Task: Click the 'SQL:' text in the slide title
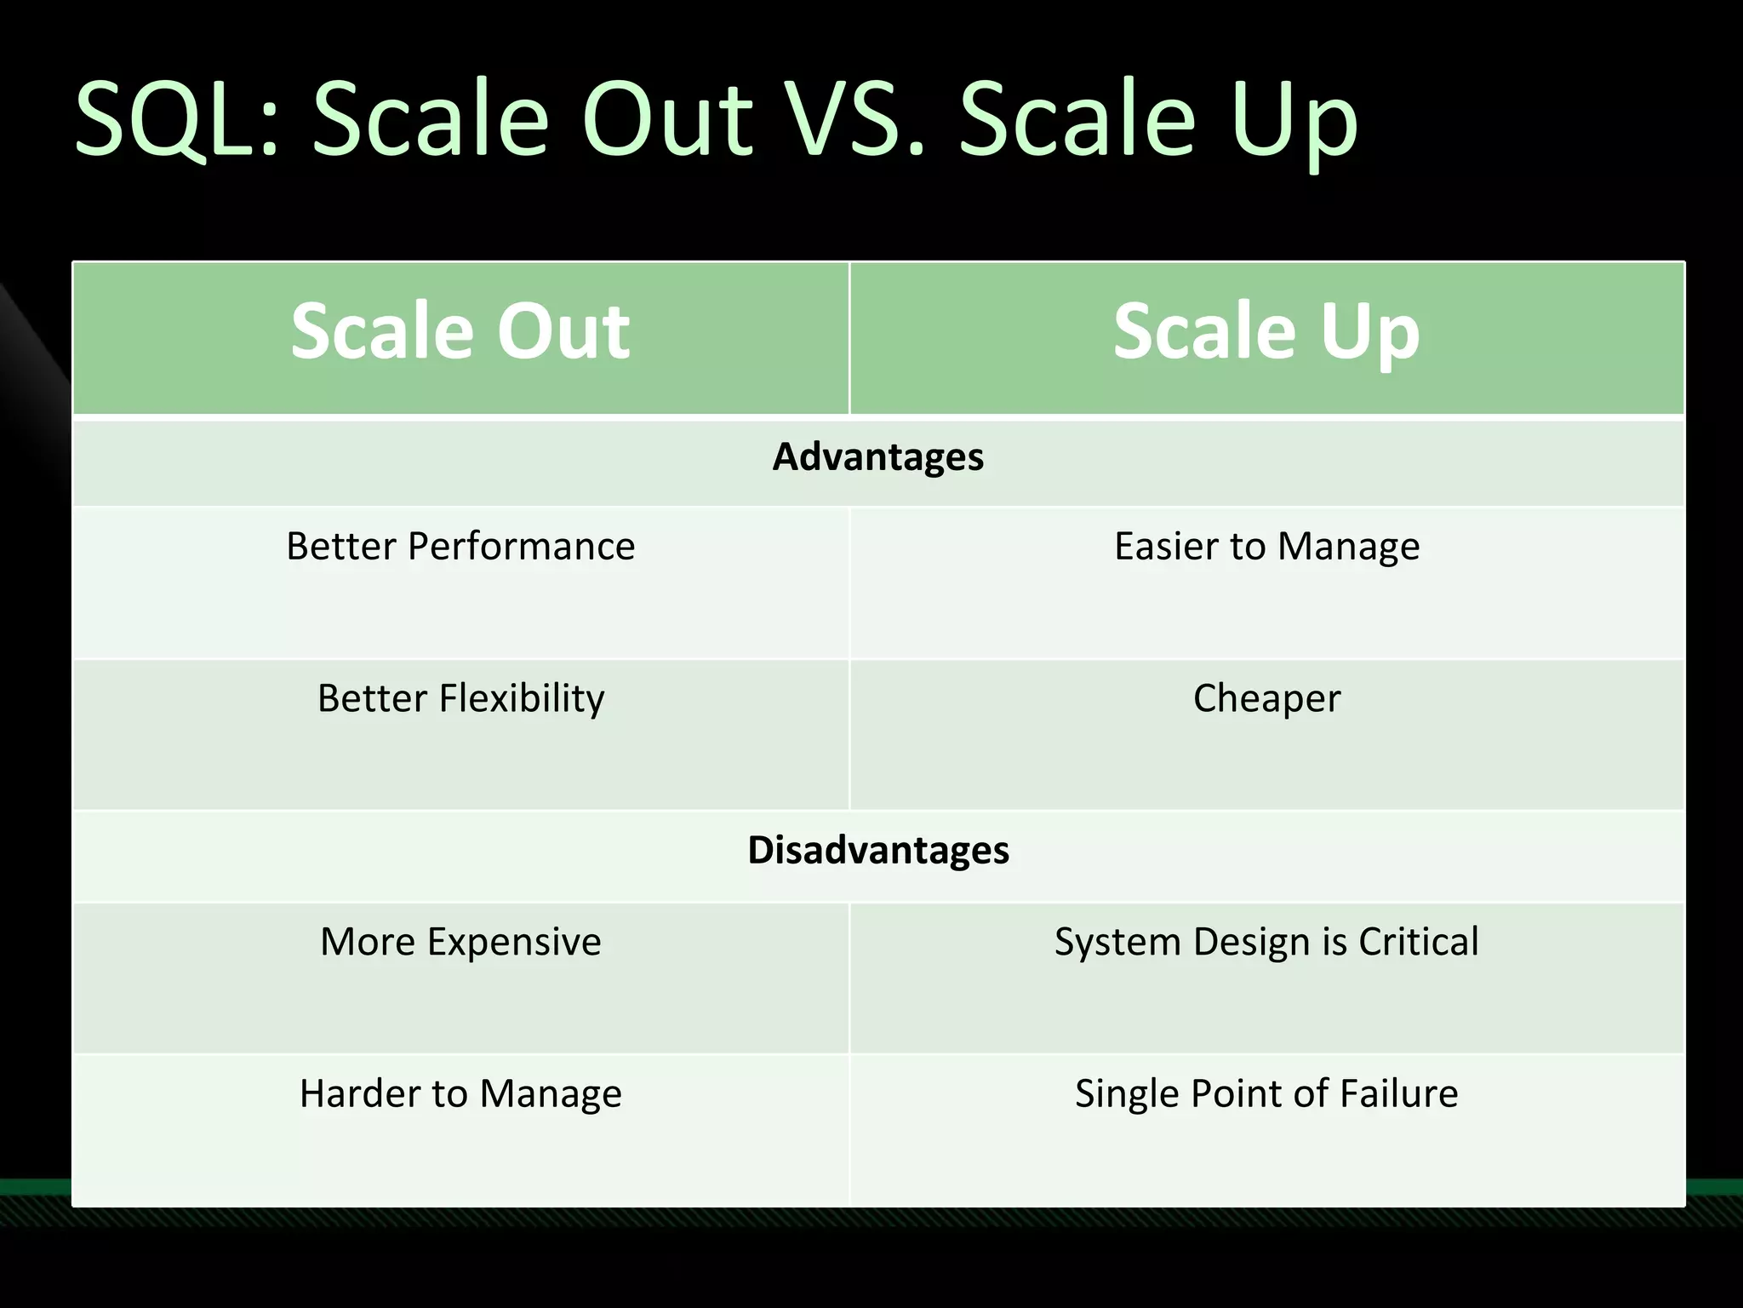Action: coord(177,119)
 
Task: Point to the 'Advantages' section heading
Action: coord(877,457)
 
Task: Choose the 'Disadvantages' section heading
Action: coord(877,850)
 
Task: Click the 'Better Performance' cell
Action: coord(460,546)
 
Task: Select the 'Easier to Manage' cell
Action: coord(1266,546)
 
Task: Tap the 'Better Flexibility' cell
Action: coord(460,698)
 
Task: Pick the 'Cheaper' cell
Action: coord(1266,698)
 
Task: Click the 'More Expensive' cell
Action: coord(460,942)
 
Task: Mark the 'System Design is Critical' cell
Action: coord(1266,942)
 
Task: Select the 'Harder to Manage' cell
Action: coord(460,1093)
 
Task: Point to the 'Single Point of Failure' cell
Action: coord(1266,1093)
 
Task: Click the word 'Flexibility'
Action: coord(521,698)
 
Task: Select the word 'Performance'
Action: coord(521,546)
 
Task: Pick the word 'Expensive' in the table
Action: coord(514,942)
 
